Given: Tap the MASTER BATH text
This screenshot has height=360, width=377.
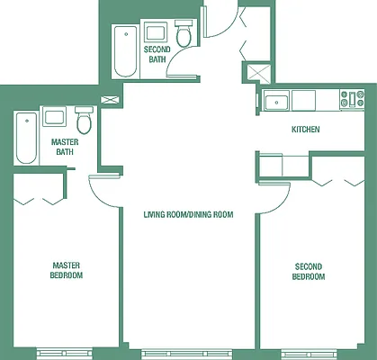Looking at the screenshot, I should (x=63, y=147).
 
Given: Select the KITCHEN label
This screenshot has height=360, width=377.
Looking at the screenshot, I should (x=306, y=130).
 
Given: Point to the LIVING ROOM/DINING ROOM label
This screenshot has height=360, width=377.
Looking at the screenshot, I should (x=188, y=214).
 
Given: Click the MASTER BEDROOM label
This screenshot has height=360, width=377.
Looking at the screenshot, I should (x=67, y=270).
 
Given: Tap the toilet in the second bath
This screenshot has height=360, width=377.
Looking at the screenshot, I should (x=184, y=36).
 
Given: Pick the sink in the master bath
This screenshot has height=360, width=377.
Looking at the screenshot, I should (x=54, y=117).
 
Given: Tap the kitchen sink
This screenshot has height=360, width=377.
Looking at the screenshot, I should (x=274, y=100).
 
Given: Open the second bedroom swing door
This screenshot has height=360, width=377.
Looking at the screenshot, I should (x=268, y=202).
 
